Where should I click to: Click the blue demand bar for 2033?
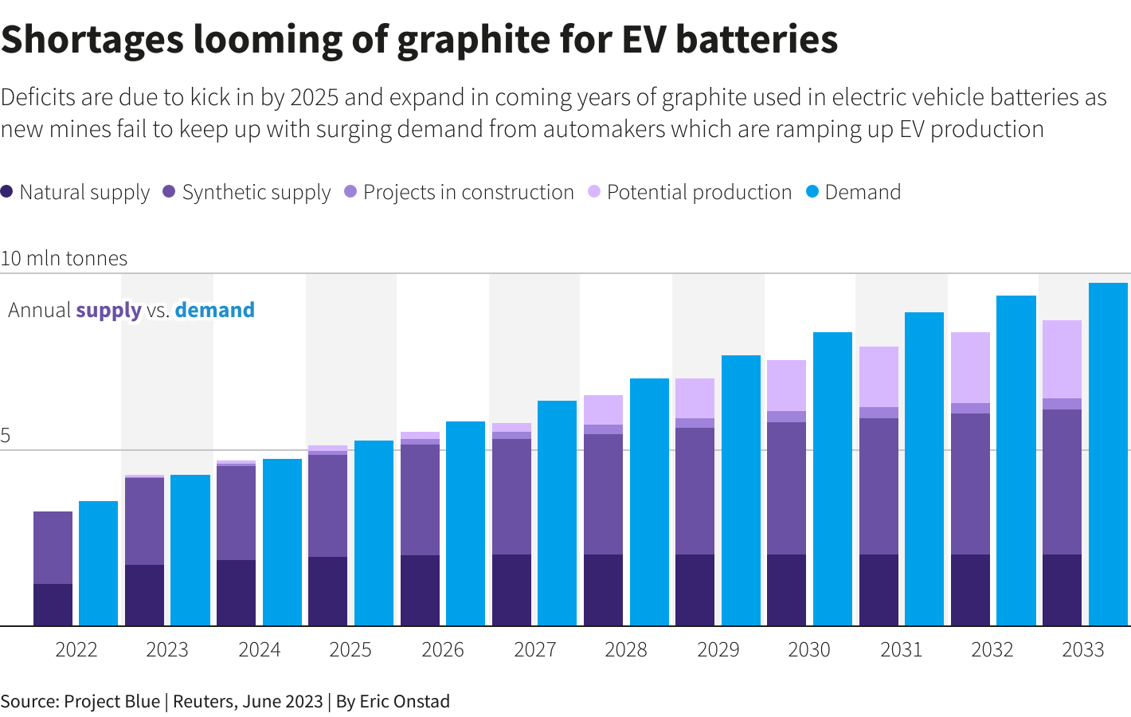(x=1108, y=454)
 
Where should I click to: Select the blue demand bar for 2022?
(x=98, y=563)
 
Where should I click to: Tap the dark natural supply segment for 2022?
(x=53, y=605)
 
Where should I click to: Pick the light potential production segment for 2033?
(x=1062, y=359)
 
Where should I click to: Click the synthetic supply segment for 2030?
(x=786, y=488)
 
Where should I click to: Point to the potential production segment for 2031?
(x=879, y=377)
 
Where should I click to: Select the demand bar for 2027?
(x=557, y=513)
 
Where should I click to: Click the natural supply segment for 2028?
(x=603, y=590)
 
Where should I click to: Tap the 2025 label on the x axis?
(x=350, y=650)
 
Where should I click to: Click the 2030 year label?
(x=809, y=650)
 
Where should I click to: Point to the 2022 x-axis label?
(x=76, y=650)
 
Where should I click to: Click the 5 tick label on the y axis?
(x=6, y=436)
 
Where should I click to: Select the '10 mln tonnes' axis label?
(x=64, y=258)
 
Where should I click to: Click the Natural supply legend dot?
(x=7, y=192)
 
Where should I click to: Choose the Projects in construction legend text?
(x=468, y=192)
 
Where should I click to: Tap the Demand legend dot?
(x=812, y=192)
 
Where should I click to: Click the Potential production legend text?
(x=699, y=192)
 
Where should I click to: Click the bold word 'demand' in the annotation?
(x=214, y=310)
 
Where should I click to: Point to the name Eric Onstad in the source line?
(x=405, y=701)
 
